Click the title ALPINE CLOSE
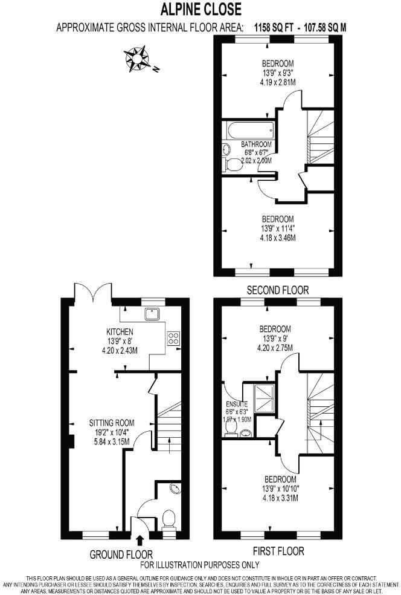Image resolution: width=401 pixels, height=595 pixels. tap(200, 9)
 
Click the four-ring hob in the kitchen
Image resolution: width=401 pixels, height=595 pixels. tap(174, 338)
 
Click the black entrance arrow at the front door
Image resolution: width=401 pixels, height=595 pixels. tap(141, 539)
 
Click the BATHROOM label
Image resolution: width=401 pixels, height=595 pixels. tap(256, 145)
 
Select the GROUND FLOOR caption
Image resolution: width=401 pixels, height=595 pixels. tap(121, 554)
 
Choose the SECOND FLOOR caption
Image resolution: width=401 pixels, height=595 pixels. tap(277, 290)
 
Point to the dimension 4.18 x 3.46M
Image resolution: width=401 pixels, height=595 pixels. tap(277, 238)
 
